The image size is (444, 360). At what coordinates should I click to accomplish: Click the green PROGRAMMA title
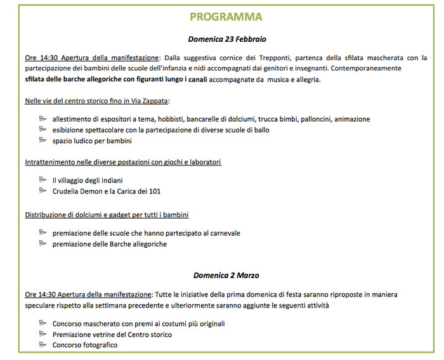[226, 16]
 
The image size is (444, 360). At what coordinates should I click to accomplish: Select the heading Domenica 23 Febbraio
[226, 39]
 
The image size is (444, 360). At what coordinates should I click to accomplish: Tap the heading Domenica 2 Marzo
[226, 275]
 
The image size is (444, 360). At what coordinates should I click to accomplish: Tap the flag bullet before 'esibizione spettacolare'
[42, 129]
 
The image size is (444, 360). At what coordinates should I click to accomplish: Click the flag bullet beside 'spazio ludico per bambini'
[42, 140]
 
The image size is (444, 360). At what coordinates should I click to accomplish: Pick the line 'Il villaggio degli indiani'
[88, 181]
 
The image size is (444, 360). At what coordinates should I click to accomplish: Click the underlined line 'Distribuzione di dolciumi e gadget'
[107, 215]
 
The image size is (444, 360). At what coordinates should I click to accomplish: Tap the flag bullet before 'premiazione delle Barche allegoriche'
[42, 243]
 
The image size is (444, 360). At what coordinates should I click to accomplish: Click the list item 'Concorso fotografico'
[84, 345]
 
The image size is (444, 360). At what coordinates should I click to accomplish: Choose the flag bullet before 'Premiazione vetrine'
[42, 334]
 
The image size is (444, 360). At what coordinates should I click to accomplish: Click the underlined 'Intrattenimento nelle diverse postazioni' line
[123, 162]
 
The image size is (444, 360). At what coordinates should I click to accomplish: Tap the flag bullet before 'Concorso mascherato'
[42, 323]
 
